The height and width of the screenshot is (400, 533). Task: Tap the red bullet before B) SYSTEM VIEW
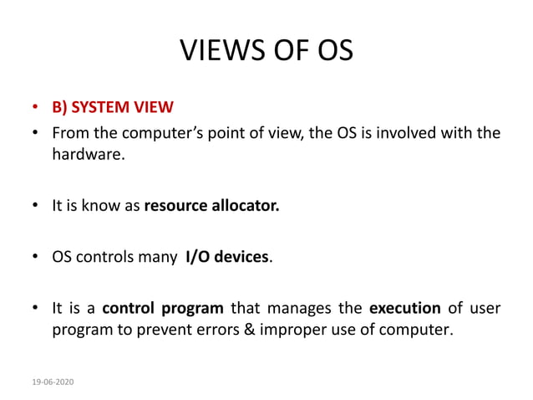pyautogui.click(x=36, y=109)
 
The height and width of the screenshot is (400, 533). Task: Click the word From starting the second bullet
pyautogui.click(x=71, y=133)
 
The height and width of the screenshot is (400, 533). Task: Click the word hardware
pyautogui.click(x=88, y=154)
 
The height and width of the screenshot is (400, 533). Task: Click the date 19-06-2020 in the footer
pyautogui.click(x=52, y=382)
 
